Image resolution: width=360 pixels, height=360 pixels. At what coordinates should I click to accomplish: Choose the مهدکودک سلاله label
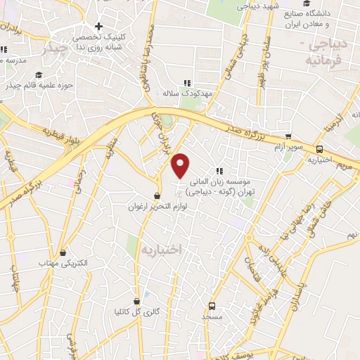pos(187,93)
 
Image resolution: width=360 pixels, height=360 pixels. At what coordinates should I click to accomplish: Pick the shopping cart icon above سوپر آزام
pos(288,137)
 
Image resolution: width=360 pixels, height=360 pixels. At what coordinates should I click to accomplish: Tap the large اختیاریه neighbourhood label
pos(161,250)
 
